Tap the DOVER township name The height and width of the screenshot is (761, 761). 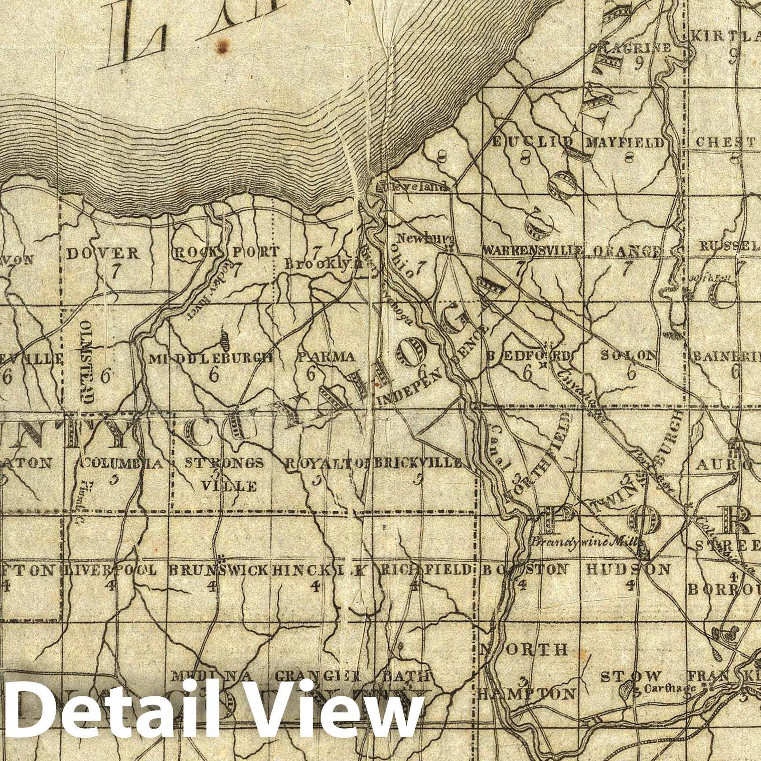[103, 253]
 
